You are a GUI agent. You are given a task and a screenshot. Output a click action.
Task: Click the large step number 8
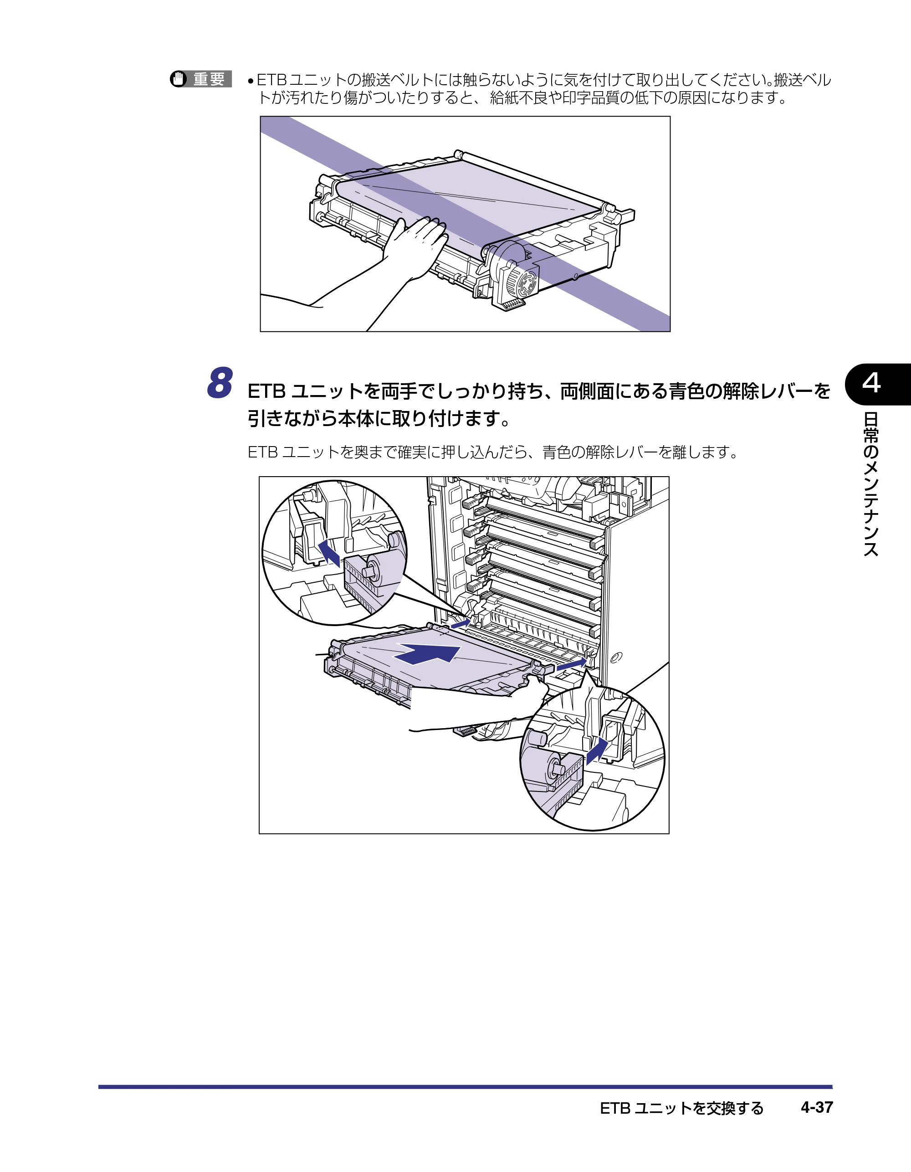click(220, 383)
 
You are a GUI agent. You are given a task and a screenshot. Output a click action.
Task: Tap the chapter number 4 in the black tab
click(871, 383)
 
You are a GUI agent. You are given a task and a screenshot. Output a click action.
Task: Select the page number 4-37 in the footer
click(817, 1107)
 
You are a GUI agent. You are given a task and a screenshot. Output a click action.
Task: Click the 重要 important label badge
click(201, 79)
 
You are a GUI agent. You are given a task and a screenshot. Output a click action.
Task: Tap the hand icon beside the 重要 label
click(178, 79)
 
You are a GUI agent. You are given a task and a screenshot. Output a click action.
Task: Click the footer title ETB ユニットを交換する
click(681, 1108)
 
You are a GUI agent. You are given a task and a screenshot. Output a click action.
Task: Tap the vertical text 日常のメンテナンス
click(871, 484)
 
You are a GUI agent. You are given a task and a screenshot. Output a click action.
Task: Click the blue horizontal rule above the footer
click(465, 1087)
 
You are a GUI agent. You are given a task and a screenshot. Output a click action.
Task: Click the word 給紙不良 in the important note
click(518, 98)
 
